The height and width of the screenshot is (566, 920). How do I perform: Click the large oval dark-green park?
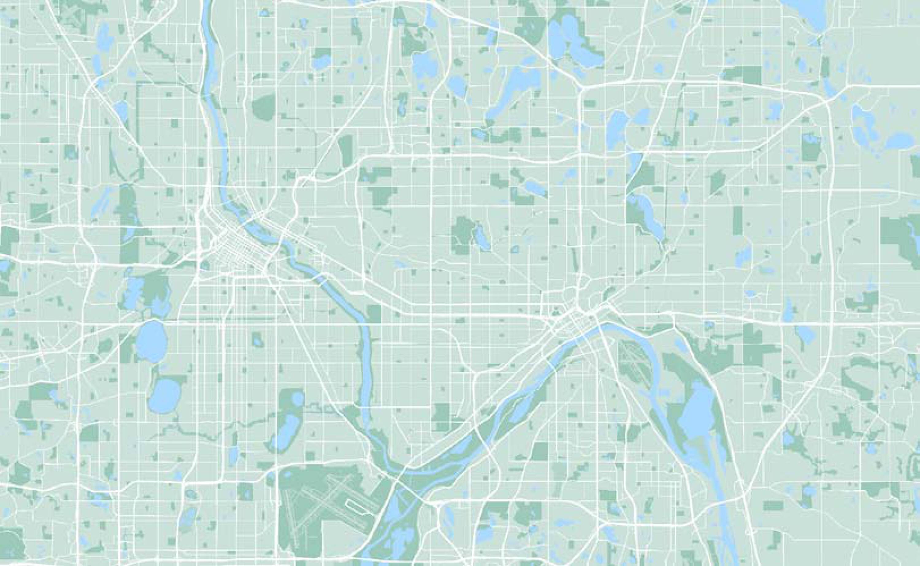263,105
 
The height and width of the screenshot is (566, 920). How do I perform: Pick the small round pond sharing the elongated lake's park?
297,398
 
